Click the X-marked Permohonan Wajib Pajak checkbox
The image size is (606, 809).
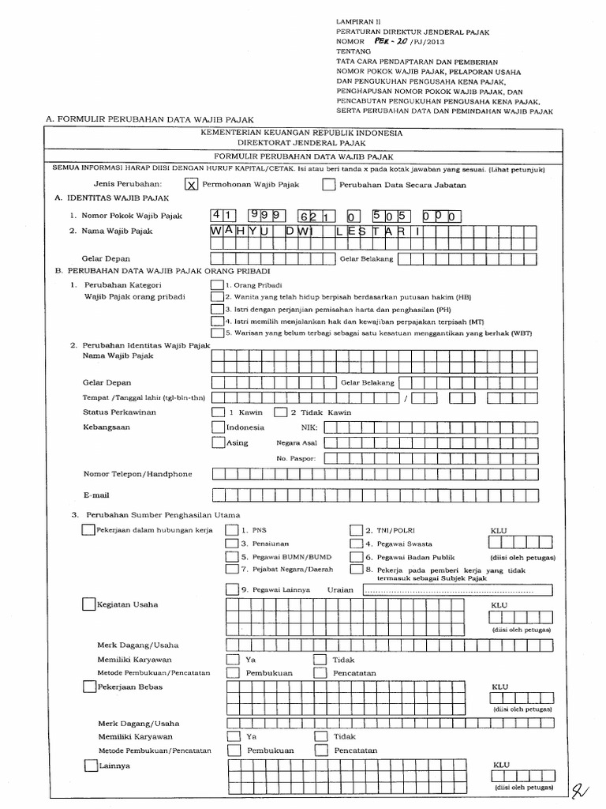coord(190,185)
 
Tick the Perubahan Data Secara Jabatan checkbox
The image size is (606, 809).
coord(328,185)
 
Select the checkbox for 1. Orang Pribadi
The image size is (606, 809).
coord(217,284)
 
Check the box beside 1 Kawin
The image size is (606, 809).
coord(217,412)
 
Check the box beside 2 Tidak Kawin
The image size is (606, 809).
coord(280,412)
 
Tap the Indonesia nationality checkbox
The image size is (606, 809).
coord(219,427)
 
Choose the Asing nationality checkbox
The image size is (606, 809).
coord(219,442)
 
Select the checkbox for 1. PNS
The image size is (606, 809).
coord(231,530)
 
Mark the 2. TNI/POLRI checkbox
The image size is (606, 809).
coord(356,530)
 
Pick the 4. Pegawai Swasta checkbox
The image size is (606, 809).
coord(356,544)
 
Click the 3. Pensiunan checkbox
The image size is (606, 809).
coord(231,544)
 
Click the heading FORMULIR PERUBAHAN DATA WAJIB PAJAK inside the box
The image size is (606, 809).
coord(303,157)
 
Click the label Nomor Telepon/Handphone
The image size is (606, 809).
coord(137,474)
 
